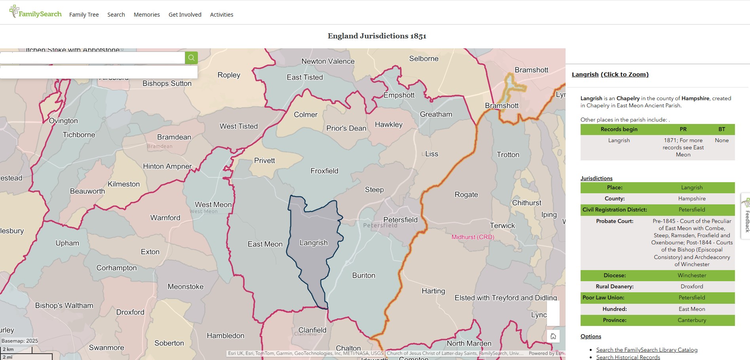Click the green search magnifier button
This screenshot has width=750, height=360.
point(191,58)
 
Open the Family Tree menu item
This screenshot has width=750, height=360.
point(84,15)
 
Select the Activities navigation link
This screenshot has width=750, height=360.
point(221,15)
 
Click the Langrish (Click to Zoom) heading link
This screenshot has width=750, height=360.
point(610,74)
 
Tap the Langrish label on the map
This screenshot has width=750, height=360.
point(313,243)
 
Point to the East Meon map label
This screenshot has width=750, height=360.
point(265,244)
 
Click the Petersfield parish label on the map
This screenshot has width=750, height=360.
point(400,220)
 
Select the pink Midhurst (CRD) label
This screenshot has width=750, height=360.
point(473,237)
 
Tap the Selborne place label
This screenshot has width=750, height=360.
point(423,59)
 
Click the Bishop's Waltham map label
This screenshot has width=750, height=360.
point(64,306)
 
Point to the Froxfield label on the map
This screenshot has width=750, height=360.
point(324,171)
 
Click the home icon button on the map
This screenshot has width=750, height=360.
point(553,336)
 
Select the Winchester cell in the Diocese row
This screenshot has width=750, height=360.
point(691,275)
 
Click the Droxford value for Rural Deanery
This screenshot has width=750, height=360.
point(691,286)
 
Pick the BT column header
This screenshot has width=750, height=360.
point(722,129)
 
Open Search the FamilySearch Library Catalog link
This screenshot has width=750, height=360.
point(647,350)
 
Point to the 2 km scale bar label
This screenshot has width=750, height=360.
point(8,349)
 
